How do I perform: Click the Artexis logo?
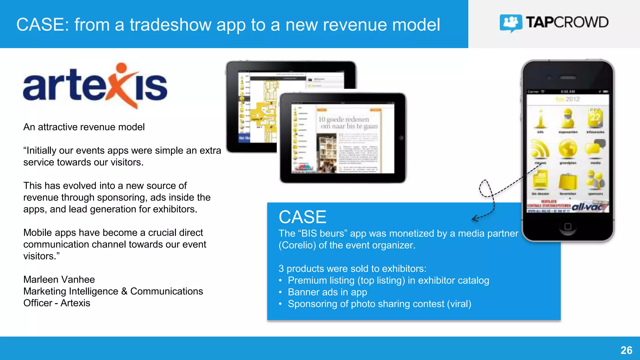(x=95, y=86)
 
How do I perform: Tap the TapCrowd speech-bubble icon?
(x=510, y=23)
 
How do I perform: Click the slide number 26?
(x=626, y=350)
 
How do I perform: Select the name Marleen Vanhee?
(x=59, y=279)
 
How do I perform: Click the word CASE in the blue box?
(x=302, y=217)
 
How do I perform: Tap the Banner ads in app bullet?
(x=327, y=292)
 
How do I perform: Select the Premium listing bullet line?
(x=388, y=281)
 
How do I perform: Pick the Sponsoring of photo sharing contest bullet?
(x=379, y=304)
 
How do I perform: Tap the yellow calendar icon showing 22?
(x=595, y=118)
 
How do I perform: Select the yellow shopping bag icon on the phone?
(x=568, y=181)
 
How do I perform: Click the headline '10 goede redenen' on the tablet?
(x=344, y=119)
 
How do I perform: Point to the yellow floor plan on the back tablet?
(x=265, y=109)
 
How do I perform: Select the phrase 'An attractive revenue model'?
(x=84, y=127)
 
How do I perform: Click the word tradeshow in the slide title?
(x=170, y=25)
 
